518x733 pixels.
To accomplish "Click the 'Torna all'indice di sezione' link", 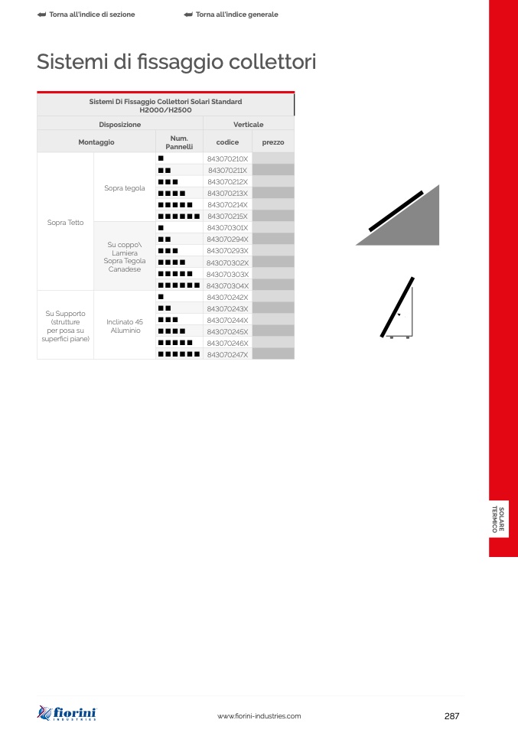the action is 86,15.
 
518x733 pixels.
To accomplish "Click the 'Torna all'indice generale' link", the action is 231,15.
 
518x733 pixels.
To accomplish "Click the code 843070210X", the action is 228,159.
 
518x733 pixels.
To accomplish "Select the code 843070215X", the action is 228,217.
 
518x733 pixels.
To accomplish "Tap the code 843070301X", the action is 228,228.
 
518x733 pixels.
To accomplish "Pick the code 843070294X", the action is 228,239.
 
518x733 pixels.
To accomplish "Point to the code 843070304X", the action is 228,285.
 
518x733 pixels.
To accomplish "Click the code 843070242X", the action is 228,298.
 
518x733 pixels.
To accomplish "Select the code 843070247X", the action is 228,355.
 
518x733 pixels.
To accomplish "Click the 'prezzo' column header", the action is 273,142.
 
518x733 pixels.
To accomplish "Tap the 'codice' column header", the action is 228,142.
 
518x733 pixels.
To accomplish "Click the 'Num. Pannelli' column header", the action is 179,142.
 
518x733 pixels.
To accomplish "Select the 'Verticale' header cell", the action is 248,125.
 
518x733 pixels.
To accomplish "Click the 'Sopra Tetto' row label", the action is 66,223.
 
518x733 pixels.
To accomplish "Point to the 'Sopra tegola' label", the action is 125,188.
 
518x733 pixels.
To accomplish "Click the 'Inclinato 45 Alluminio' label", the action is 125,326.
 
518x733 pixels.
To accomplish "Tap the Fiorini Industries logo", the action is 67,713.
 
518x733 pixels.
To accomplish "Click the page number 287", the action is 451,716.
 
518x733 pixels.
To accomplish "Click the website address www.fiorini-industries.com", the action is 259,716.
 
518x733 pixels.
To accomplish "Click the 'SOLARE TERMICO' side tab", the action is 498,520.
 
